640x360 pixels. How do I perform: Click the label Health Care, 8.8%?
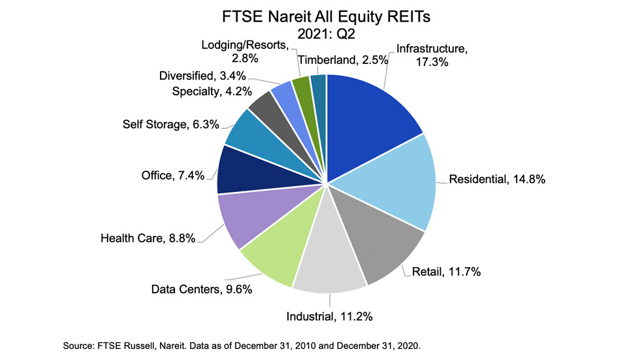tap(148, 238)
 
